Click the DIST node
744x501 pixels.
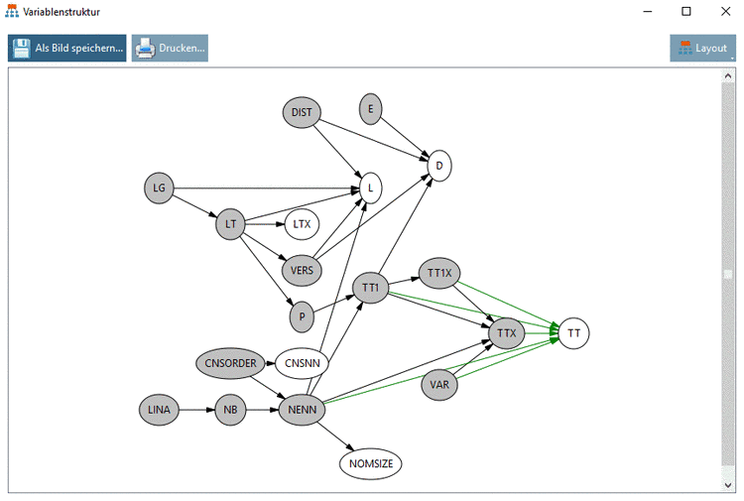tap(302, 113)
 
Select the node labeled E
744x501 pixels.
tap(370, 109)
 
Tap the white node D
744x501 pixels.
tap(439, 166)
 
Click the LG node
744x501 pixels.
tap(159, 188)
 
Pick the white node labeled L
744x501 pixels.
tap(370, 187)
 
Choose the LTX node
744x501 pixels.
tap(302, 224)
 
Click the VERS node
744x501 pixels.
tap(301, 268)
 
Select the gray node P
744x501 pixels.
tap(302, 317)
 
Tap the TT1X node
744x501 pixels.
tap(438, 272)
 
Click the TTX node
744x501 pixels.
tap(506, 333)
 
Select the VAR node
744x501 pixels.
tap(439, 385)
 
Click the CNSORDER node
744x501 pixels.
tap(231, 363)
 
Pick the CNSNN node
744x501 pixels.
tap(302, 364)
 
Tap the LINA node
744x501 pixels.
tap(159, 410)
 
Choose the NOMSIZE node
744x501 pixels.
tap(371, 462)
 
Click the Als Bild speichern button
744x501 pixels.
tap(67, 48)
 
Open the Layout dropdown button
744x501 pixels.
tap(702, 48)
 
